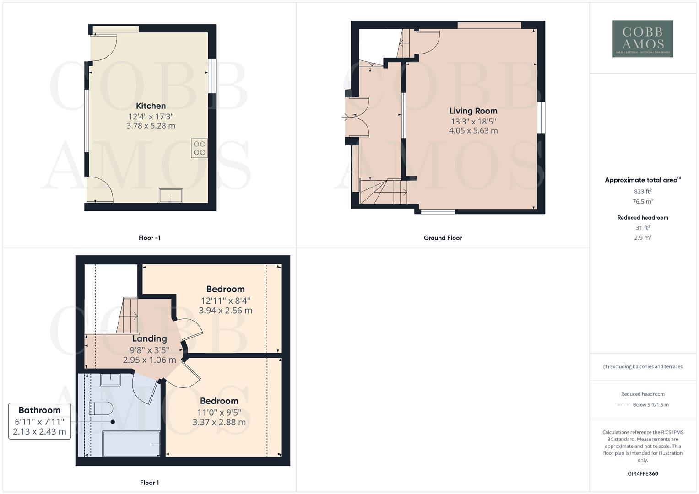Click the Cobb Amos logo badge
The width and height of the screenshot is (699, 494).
(x=642, y=38)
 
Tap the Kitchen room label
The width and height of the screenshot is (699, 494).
(x=151, y=106)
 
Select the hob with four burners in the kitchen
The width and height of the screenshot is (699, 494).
(x=199, y=148)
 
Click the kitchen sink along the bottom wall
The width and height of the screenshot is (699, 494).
(x=170, y=195)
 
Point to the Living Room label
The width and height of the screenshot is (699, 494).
(x=473, y=111)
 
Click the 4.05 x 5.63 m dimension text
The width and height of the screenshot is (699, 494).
(x=473, y=130)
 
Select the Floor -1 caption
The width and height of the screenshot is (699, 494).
(x=149, y=238)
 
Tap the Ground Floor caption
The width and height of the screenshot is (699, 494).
(x=442, y=238)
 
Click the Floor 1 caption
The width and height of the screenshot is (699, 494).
(x=149, y=483)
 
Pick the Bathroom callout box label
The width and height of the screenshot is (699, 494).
(x=39, y=410)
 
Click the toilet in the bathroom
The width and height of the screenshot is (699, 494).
(x=101, y=408)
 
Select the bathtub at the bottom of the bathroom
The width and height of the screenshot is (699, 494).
(x=131, y=443)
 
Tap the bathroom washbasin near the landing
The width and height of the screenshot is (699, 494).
(x=110, y=379)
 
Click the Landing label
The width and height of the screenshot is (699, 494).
(x=149, y=338)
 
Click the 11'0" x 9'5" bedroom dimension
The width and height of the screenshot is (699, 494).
(x=219, y=412)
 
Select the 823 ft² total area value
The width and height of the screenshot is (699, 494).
(x=642, y=192)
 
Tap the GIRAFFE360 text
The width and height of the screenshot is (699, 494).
(x=642, y=474)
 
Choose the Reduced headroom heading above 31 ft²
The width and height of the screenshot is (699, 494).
(x=642, y=218)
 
